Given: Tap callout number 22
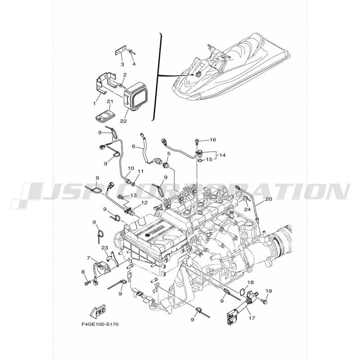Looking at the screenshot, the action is click(123, 121).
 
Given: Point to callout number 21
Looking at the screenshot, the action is click(110, 102).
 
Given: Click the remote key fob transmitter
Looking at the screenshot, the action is click(103, 116).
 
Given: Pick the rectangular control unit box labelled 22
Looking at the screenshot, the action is click(135, 96).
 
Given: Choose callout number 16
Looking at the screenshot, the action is click(213, 139).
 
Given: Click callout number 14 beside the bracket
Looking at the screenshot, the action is click(222, 155).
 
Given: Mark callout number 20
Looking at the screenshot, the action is click(268, 199).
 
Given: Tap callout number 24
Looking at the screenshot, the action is click(247, 209).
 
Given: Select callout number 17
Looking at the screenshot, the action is click(252, 318).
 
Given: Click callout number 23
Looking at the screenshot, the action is click(105, 248).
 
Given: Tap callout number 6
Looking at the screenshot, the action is click(134, 146).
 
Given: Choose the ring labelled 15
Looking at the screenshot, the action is click(200, 160).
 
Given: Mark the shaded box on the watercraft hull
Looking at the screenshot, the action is click(198, 74).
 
